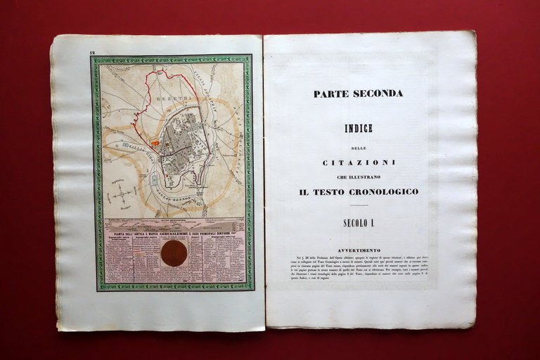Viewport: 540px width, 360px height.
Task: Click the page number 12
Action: tap(92, 53)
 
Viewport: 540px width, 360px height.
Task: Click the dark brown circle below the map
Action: tap(174, 253)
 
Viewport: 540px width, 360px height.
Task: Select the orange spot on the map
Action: tap(155, 143)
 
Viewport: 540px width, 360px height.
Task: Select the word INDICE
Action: tap(359, 129)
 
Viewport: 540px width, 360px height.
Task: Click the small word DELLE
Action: tap(359, 148)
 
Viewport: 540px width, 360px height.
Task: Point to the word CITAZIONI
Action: tap(359, 162)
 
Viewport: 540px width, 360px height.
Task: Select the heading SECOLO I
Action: tap(359, 223)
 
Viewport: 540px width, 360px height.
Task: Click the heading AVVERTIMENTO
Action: tap(359, 250)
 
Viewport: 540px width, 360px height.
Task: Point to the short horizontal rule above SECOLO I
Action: tap(359, 206)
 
